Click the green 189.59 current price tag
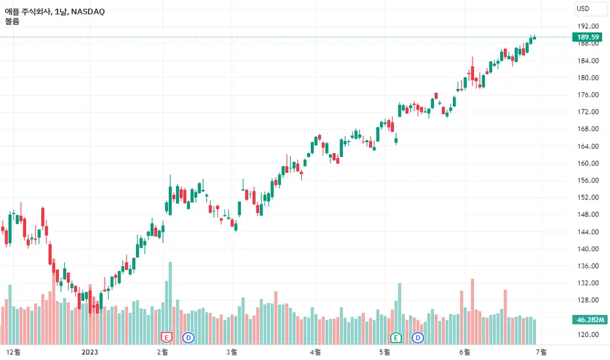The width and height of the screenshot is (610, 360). [588, 37]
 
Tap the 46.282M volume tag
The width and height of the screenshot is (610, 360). [590, 319]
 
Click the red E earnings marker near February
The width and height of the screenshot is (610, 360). [166, 338]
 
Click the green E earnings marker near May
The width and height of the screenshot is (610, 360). [395, 338]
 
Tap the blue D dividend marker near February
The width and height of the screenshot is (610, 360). [188, 338]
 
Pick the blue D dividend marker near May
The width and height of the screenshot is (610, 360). [418, 338]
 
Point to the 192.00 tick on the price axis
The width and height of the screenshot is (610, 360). [588, 26]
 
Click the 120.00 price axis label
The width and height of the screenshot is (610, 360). [588, 334]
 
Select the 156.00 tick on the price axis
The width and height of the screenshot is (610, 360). [588, 180]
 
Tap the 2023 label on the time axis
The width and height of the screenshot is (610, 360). [90, 352]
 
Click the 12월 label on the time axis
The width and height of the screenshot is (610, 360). [14, 352]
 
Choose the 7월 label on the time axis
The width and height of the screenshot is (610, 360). [541, 352]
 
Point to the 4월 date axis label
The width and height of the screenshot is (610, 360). [315, 352]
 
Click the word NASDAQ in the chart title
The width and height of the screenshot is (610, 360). [88, 12]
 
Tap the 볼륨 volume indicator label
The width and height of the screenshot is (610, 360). [12, 22]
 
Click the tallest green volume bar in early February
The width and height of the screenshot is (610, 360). [170, 303]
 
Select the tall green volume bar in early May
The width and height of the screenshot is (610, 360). [399, 314]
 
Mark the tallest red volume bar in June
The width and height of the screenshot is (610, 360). [473, 312]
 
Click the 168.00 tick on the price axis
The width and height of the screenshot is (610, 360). [588, 129]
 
